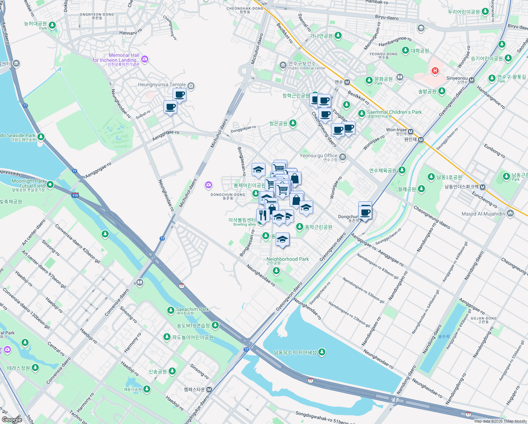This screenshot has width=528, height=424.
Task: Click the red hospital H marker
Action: pyautogui.click(x=435, y=71)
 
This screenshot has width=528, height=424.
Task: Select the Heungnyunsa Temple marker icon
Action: pyautogui.click(x=191, y=86)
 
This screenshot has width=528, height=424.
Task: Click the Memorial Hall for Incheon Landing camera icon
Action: pyautogui.click(x=145, y=59)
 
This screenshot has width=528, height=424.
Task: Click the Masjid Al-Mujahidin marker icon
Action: pyautogui.click(x=510, y=213)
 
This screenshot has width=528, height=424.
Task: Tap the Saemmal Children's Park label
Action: pyautogui.click(x=394, y=112)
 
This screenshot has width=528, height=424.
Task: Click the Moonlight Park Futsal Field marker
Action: pyautogui.click(x=50, y=184)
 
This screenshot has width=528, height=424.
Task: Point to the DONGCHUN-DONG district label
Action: pyautogui.click(x=228, y=195)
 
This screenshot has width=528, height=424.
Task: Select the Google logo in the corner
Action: pyautogui.click(x=12, y=419)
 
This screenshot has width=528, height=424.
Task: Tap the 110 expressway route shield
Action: pyautogui.click(x=75, y=195)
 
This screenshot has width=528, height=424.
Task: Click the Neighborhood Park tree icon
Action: pyautogui.click(x=276, y=271)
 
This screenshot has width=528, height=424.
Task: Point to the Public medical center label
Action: pyautogui.click(x=307, y=68)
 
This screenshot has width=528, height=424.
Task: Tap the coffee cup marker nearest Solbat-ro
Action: pyautogui.click(x=170, y=107)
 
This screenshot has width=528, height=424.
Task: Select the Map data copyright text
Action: pyautogui.click(x=500, y=421)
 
